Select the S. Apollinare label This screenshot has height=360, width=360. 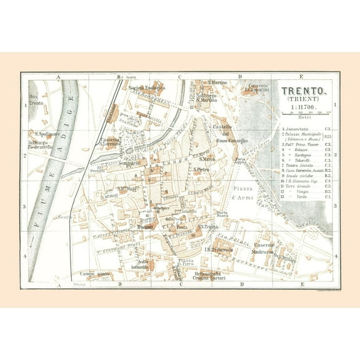point(47,134)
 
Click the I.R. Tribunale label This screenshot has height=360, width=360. point(219,249)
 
